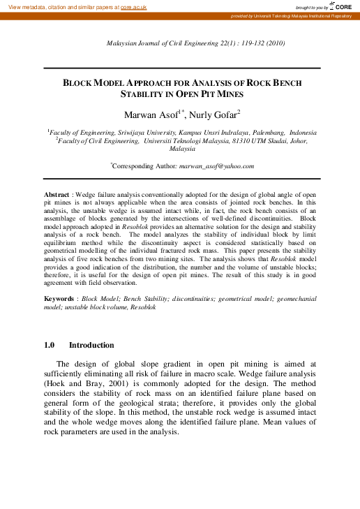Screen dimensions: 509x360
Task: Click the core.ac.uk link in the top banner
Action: pos(133,6)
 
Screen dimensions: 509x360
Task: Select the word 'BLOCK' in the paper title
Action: pos(80,82)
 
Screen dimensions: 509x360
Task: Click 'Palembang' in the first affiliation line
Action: pos(253,132)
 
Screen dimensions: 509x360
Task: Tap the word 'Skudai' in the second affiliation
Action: pos(270,140)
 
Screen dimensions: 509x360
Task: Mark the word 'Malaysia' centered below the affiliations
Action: pos(182,149)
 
